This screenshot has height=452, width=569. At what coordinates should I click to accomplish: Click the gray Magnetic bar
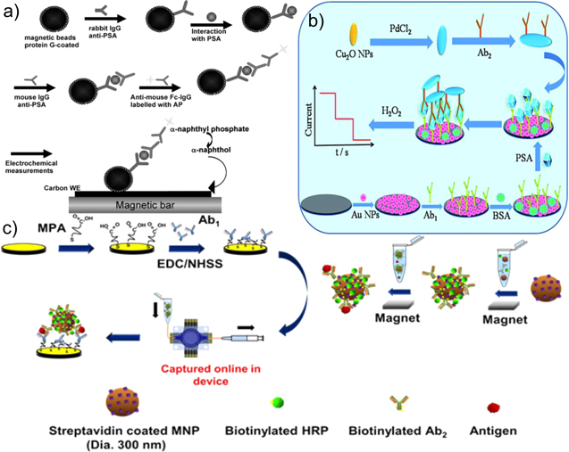pyautogui.click(x=139, y=205)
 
